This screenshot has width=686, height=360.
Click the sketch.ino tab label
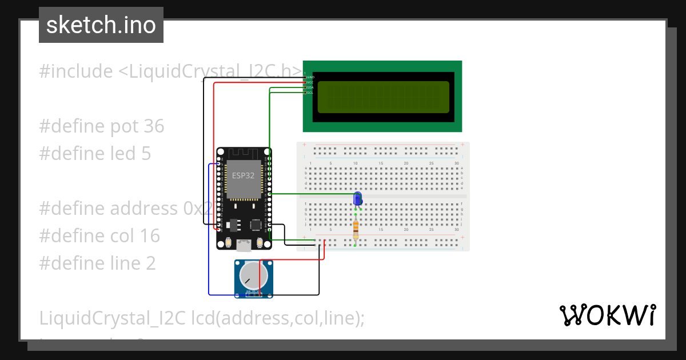[101, 25]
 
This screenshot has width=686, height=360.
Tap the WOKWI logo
[607, 315]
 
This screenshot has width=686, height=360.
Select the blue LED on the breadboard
[358, 199]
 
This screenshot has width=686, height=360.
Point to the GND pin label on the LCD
[310, 77]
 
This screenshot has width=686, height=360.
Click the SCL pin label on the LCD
[310, 93]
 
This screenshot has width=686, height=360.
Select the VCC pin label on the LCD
[310, 82]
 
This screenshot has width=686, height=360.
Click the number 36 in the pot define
[154, 126]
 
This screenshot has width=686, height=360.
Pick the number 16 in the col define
[150, 235]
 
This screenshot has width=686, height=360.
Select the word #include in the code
[76, 71]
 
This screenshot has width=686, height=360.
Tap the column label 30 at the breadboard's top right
[456, 164]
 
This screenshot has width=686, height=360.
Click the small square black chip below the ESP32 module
[254, 223]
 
